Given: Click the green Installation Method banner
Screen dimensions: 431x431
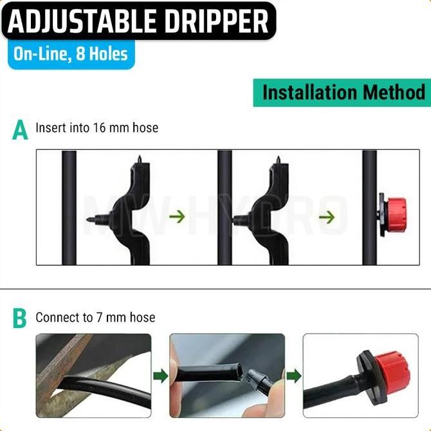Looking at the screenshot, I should click(344, 92).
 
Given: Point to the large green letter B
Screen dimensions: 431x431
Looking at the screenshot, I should click(21, 318).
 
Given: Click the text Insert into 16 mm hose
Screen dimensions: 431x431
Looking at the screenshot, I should click(96, 128).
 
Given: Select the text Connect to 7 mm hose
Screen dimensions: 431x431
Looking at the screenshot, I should click(95, 317).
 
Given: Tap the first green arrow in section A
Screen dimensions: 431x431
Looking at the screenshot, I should click(177, 216).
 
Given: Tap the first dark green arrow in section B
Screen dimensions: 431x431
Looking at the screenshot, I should click(160, 375).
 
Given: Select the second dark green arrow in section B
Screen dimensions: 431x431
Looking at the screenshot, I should click(293, 375).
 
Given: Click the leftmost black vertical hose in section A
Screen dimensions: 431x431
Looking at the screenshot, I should click(66, 208).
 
